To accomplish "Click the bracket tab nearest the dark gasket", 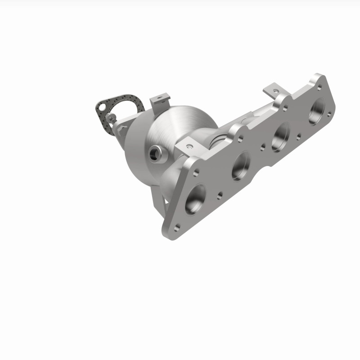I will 161,99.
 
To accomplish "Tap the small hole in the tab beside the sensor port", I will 189,146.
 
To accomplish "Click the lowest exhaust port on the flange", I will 196,198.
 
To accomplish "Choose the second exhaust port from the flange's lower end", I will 241,165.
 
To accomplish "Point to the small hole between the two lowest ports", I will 219,195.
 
